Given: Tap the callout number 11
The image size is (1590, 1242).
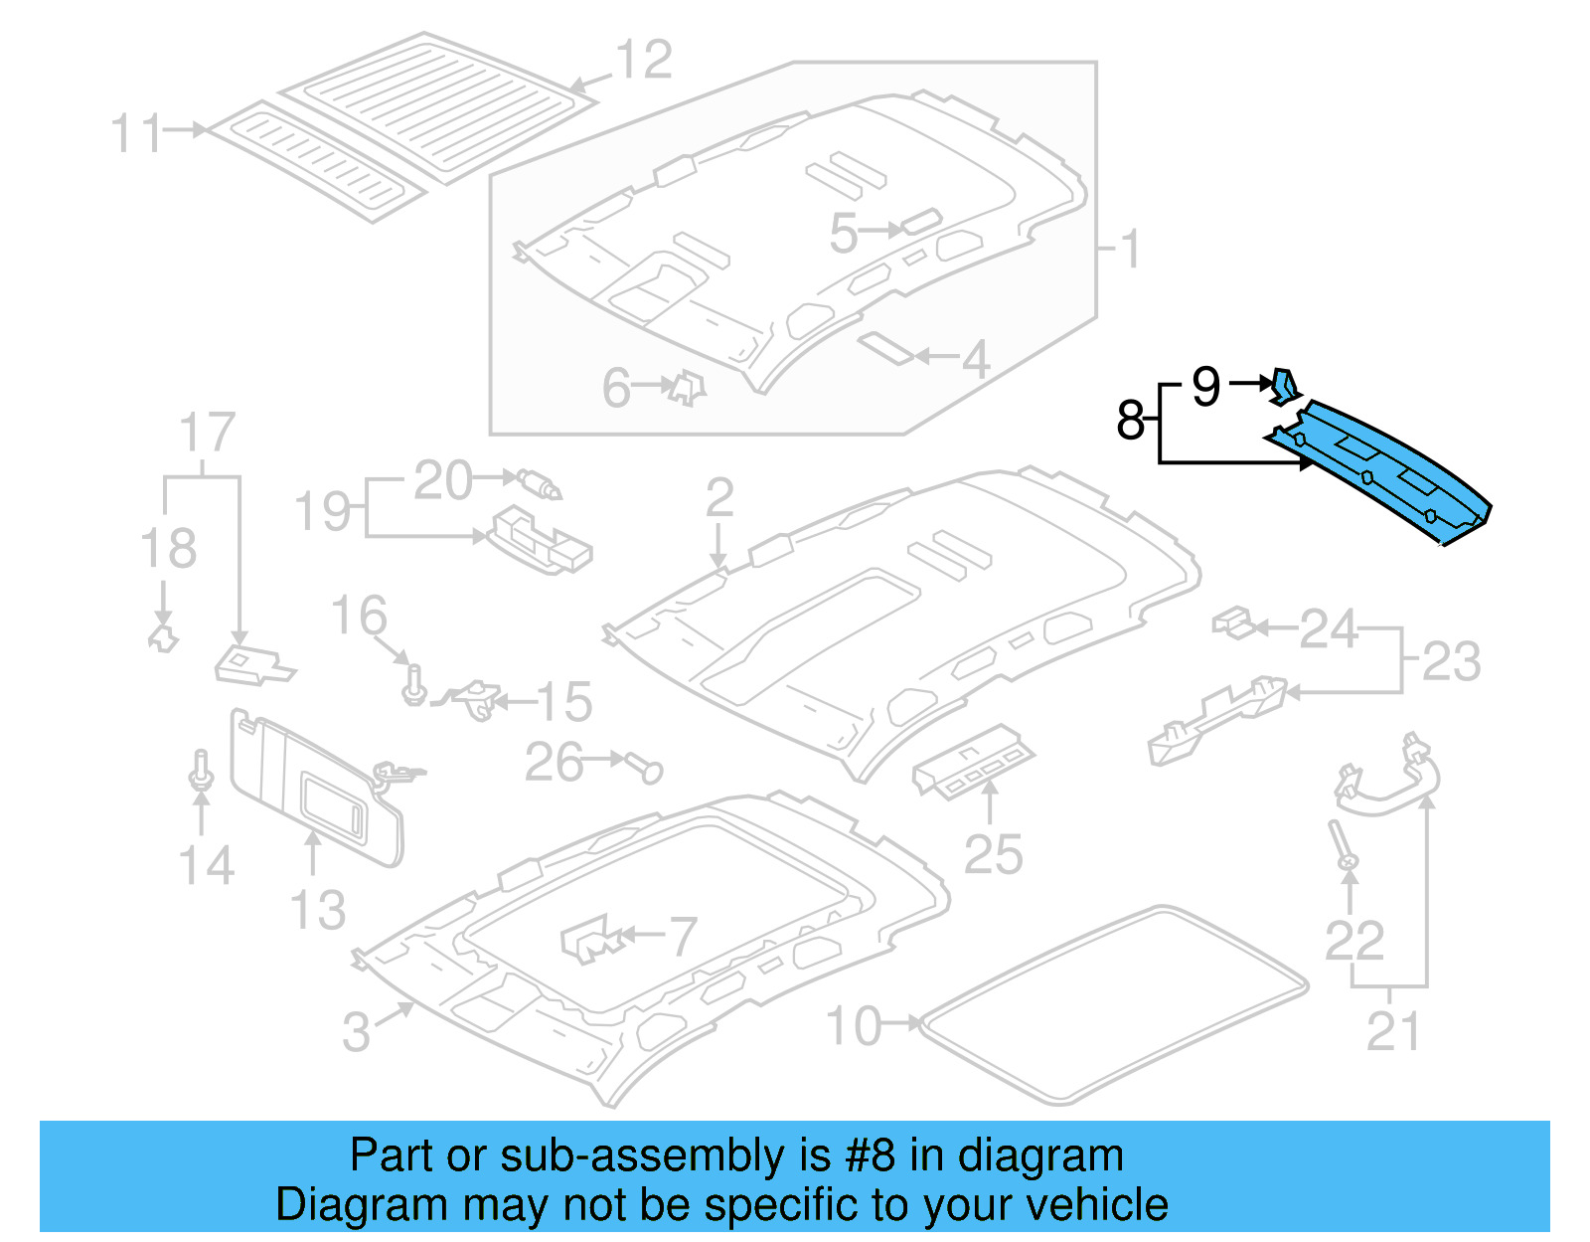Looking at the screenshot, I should tap(136, 133).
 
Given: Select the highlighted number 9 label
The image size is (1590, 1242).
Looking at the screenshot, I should tap(1205, 386).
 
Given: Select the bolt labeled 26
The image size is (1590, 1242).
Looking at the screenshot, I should tap(646, 767).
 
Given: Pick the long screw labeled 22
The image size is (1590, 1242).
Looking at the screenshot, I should tap(1341, 844).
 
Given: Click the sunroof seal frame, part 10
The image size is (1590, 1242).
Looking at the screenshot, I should tap(1113, 1004).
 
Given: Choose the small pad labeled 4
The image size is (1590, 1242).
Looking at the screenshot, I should tap(885, 347).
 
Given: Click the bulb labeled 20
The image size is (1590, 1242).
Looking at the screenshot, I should tap(540, 484).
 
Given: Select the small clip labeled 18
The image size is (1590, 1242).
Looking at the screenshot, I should tap(162, 636).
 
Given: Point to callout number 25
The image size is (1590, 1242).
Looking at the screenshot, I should tap(993, 855).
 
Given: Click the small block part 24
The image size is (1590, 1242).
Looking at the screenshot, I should tap(1233, 622).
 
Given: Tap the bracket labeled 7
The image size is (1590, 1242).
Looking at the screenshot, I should tap(589, 940).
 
